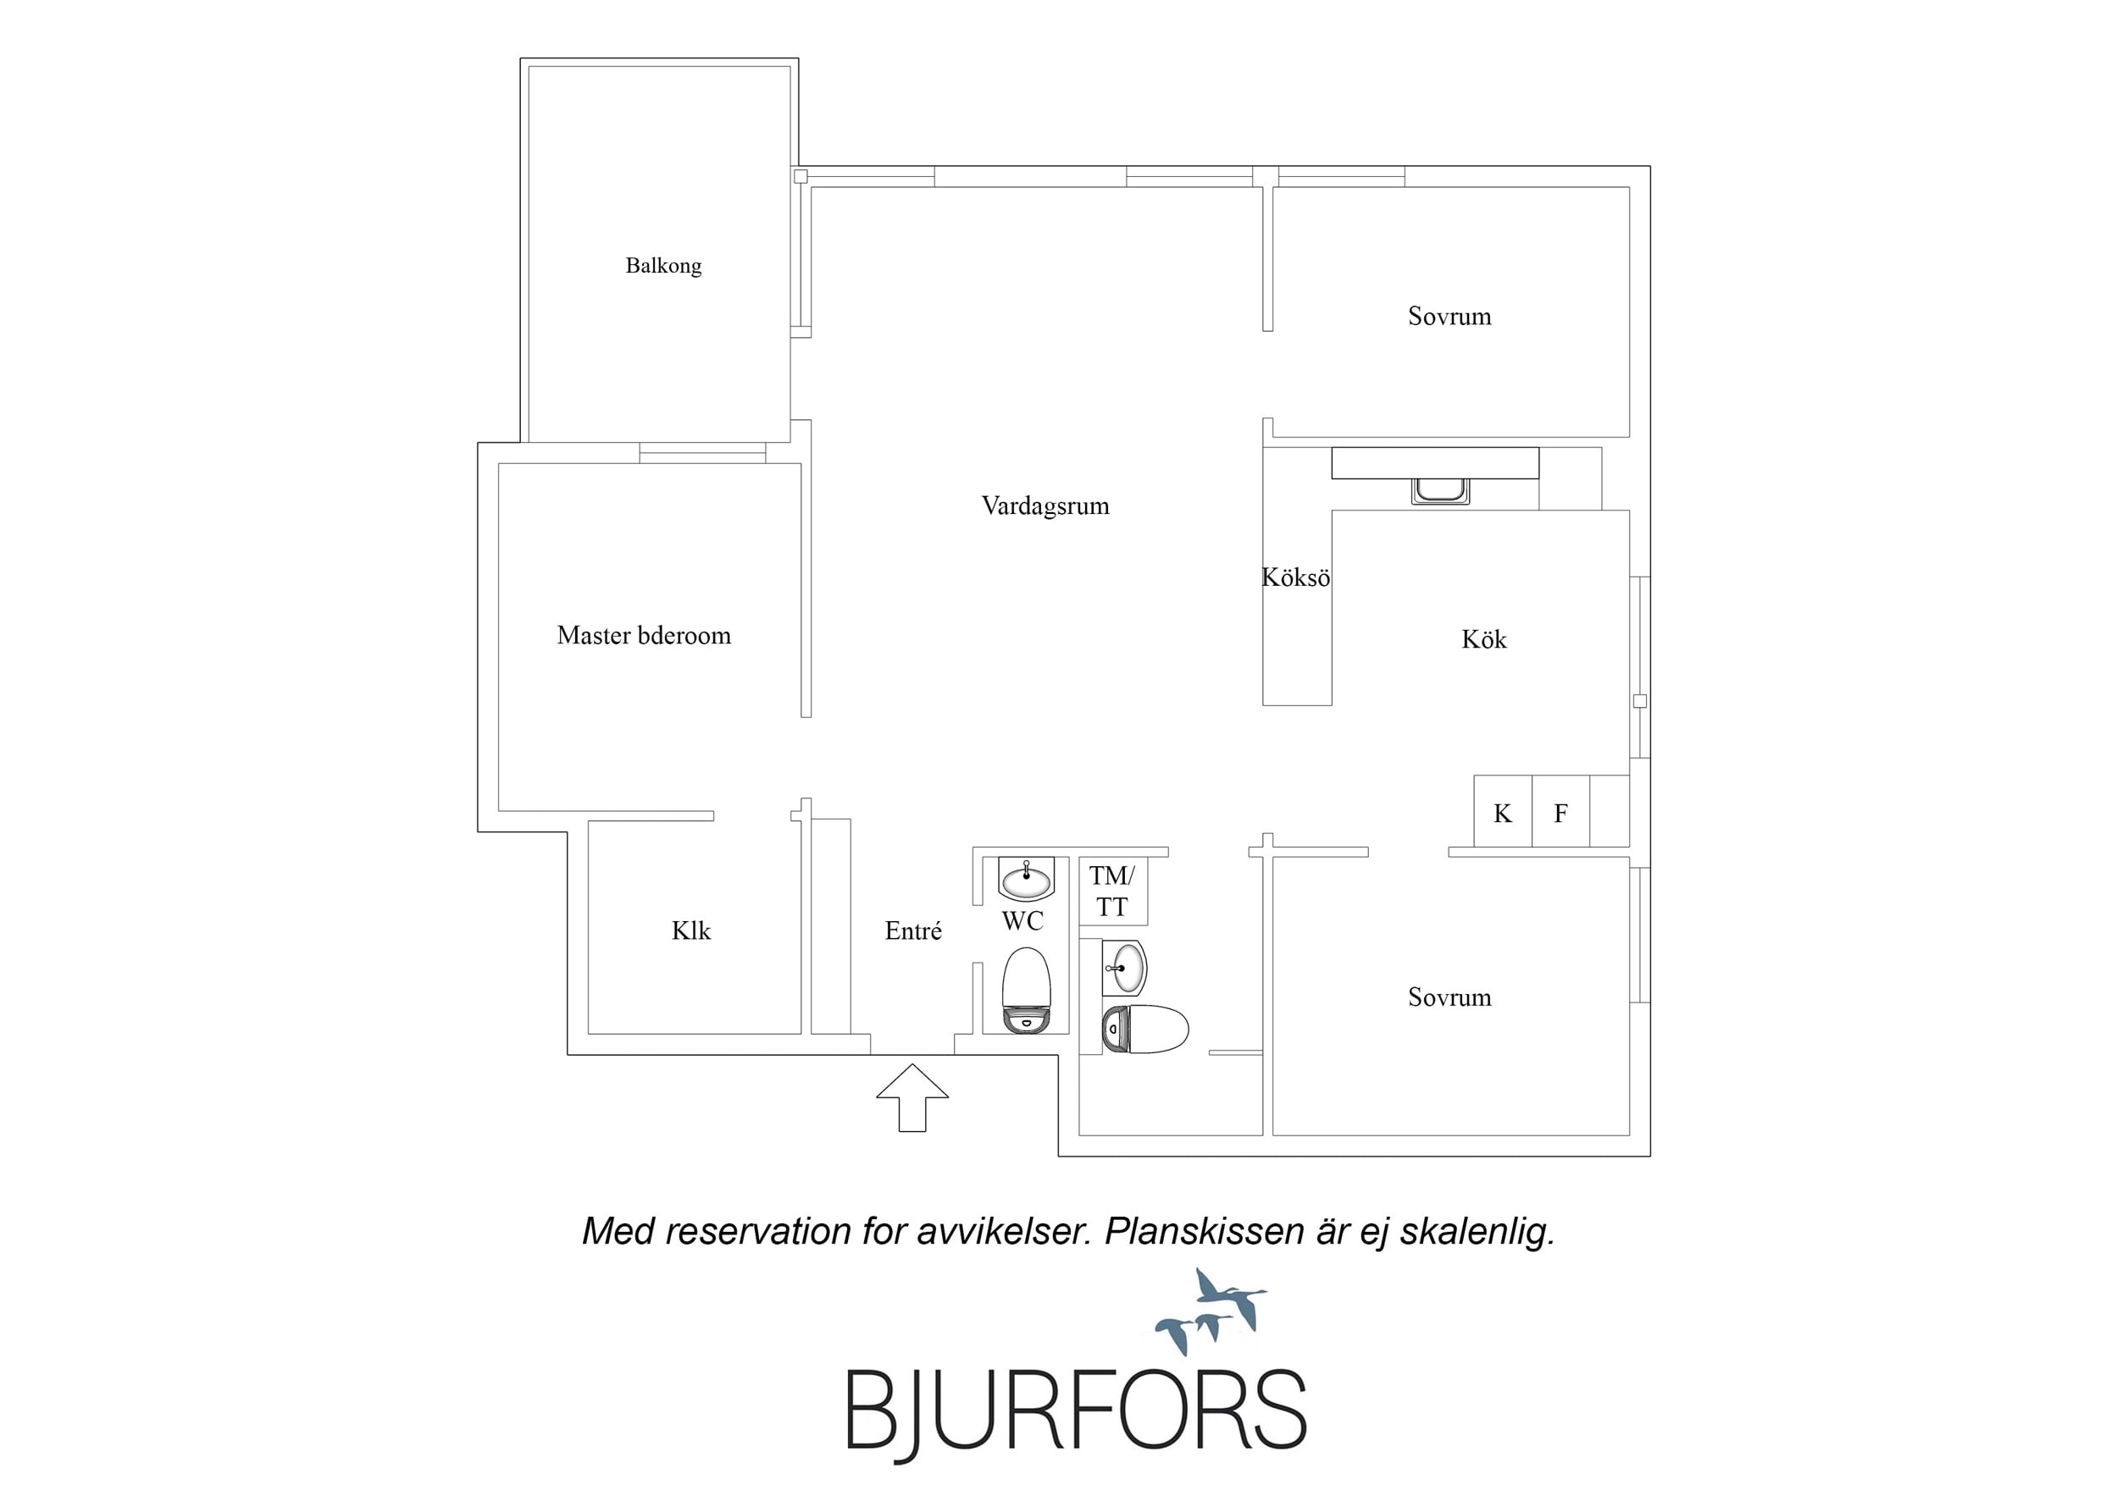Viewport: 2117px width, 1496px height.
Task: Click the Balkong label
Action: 663,266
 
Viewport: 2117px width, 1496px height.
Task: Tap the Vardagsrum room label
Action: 1045,506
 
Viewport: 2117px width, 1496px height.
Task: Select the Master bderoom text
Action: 644,635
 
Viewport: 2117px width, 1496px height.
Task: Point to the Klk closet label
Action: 690,931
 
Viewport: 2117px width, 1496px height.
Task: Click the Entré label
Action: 913,931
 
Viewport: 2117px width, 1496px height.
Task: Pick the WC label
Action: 1022,921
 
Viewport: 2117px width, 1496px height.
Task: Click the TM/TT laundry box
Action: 1113,892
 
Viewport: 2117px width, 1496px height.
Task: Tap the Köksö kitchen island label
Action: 1295,578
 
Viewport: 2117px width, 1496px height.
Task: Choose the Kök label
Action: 1483,640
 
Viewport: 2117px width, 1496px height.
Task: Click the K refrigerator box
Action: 1503,811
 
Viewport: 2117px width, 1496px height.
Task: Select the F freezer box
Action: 1561,811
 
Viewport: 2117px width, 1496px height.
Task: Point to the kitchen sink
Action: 1440,490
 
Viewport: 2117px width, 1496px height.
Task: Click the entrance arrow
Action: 912,1097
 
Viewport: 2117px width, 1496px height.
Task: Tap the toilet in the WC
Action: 1026,991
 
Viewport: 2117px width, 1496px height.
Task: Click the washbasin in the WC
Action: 1026,880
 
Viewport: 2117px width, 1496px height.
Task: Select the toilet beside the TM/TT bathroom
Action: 1145,1030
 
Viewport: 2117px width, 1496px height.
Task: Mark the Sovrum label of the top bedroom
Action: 1449,316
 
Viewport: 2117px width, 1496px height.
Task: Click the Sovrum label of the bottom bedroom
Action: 1449,997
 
